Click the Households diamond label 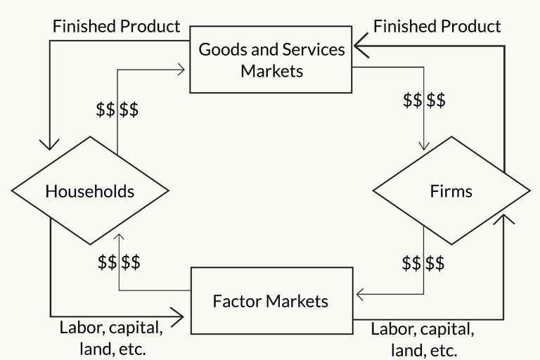[90, 191]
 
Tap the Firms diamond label [451, 191]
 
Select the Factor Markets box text [271, 301]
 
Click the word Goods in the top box [223, 49]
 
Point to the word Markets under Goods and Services [271, 71]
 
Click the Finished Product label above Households [117, 26]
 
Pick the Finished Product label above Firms [437, 26]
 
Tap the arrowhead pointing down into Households [50, 145]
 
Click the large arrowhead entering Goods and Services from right [361, 46]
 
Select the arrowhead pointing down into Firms [424, 146]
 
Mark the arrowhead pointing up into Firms [504, 219]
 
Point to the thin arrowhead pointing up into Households [119, 237]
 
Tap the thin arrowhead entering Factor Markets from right [360, 295]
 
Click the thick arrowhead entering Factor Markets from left [177, 317]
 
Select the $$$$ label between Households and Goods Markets [117, 110]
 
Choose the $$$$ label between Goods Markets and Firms [424, 100]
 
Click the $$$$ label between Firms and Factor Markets [423, 263]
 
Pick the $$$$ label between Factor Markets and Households [119, 262]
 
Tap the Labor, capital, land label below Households [111, 338]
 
